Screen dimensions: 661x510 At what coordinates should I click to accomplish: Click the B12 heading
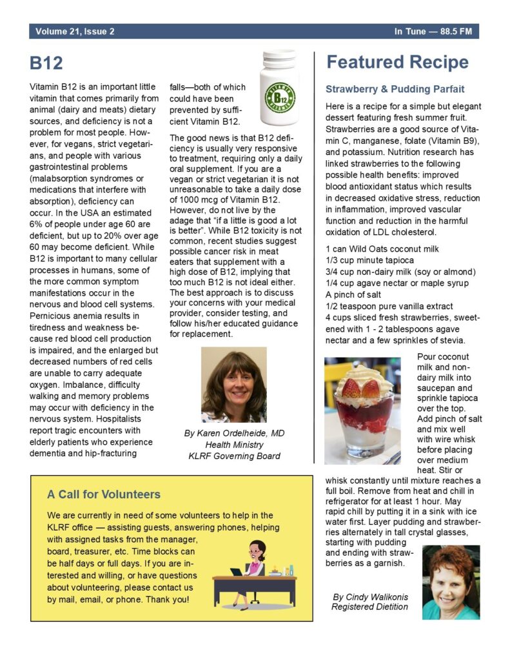pos(46,63)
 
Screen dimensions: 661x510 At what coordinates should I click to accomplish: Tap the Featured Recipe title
pos(397,63)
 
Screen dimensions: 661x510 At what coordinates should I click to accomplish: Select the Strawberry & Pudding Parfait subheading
pos(395,89)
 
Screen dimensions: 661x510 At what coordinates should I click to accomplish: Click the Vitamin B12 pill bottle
pos(279,88)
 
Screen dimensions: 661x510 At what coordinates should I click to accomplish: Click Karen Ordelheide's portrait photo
pos(233,385)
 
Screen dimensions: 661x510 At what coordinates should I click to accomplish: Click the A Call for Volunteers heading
pos(104,494)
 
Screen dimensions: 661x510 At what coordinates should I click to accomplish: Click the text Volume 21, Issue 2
pos(75,32)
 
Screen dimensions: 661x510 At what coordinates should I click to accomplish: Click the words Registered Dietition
pos(369,607)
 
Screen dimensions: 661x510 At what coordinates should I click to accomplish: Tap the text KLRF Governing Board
pos(233,456)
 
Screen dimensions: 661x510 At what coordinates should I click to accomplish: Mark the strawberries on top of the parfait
pos(361,388)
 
